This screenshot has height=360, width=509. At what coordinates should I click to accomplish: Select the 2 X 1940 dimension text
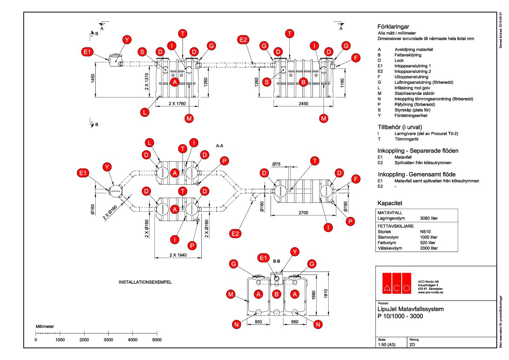(x=178, y=255)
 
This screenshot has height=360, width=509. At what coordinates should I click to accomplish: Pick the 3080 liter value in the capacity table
(x=429, y=218)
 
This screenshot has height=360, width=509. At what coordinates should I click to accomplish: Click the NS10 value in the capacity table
(x=426, y=231)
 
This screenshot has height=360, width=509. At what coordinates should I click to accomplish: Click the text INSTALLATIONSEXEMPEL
(x=145, y=283)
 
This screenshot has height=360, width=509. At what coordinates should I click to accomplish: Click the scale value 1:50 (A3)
(x=387, y=344)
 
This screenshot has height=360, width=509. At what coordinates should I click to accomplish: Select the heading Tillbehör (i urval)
(x=400, y=127)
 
